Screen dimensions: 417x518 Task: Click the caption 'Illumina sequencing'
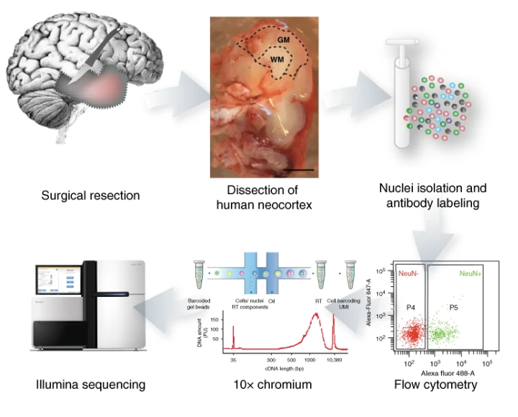click(x=91, y=385)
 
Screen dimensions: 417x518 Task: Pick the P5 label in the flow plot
click(x=455, y=307)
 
